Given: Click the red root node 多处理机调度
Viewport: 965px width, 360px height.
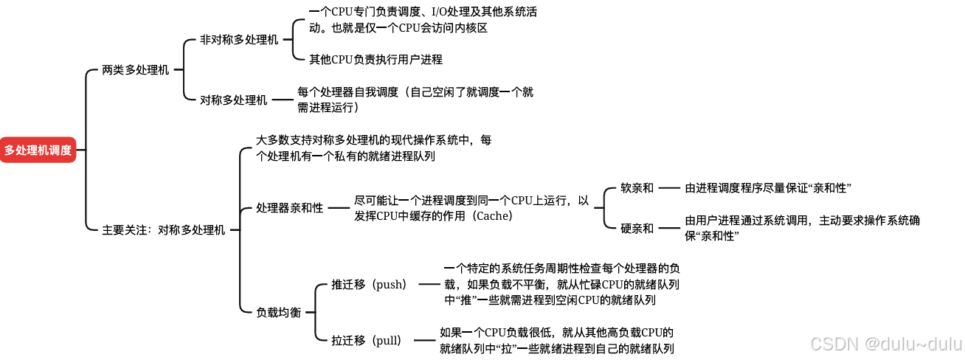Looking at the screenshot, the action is pyautogui.click(x=38, y=150).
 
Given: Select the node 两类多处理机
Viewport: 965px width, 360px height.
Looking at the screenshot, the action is pyautogui.click(x=136, y=70).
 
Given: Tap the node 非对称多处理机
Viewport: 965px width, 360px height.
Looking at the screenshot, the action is pyautogui.click(x=239, y=40).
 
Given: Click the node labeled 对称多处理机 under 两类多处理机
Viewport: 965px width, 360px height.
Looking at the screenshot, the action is pyautogui.click(x=233, y=100).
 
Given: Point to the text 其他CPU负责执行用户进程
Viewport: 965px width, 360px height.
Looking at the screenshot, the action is pyautogui.click(x=376, y=59).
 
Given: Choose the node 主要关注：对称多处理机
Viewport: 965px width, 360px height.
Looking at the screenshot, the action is pyautogui.click(x=163, y=230).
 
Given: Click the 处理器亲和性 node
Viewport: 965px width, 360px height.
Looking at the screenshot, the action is pyautogui.click(x=289, y=208).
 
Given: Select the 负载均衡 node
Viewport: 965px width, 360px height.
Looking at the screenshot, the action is pyautogui.click(x=278, y=312).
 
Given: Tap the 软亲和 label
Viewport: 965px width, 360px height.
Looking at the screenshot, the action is pyautogui.click(x=637, y=188).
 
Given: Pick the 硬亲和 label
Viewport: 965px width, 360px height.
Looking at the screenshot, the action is pyautogui.click(x=637, y=228).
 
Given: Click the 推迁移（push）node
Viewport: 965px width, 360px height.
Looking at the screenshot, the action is pyautogui.click(x=369, y=285).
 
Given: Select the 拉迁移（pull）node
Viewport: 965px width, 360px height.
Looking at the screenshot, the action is pyautogui.click(x=366, y=340).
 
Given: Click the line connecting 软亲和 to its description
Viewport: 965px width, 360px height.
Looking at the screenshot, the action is pyautogui.click(x=669, y=188).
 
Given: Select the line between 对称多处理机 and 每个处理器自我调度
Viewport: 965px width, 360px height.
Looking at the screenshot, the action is pyautogui.click(x=283, y=100).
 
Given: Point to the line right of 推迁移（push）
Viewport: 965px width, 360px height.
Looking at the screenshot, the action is pyautogui.click(x=428, y=285).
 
